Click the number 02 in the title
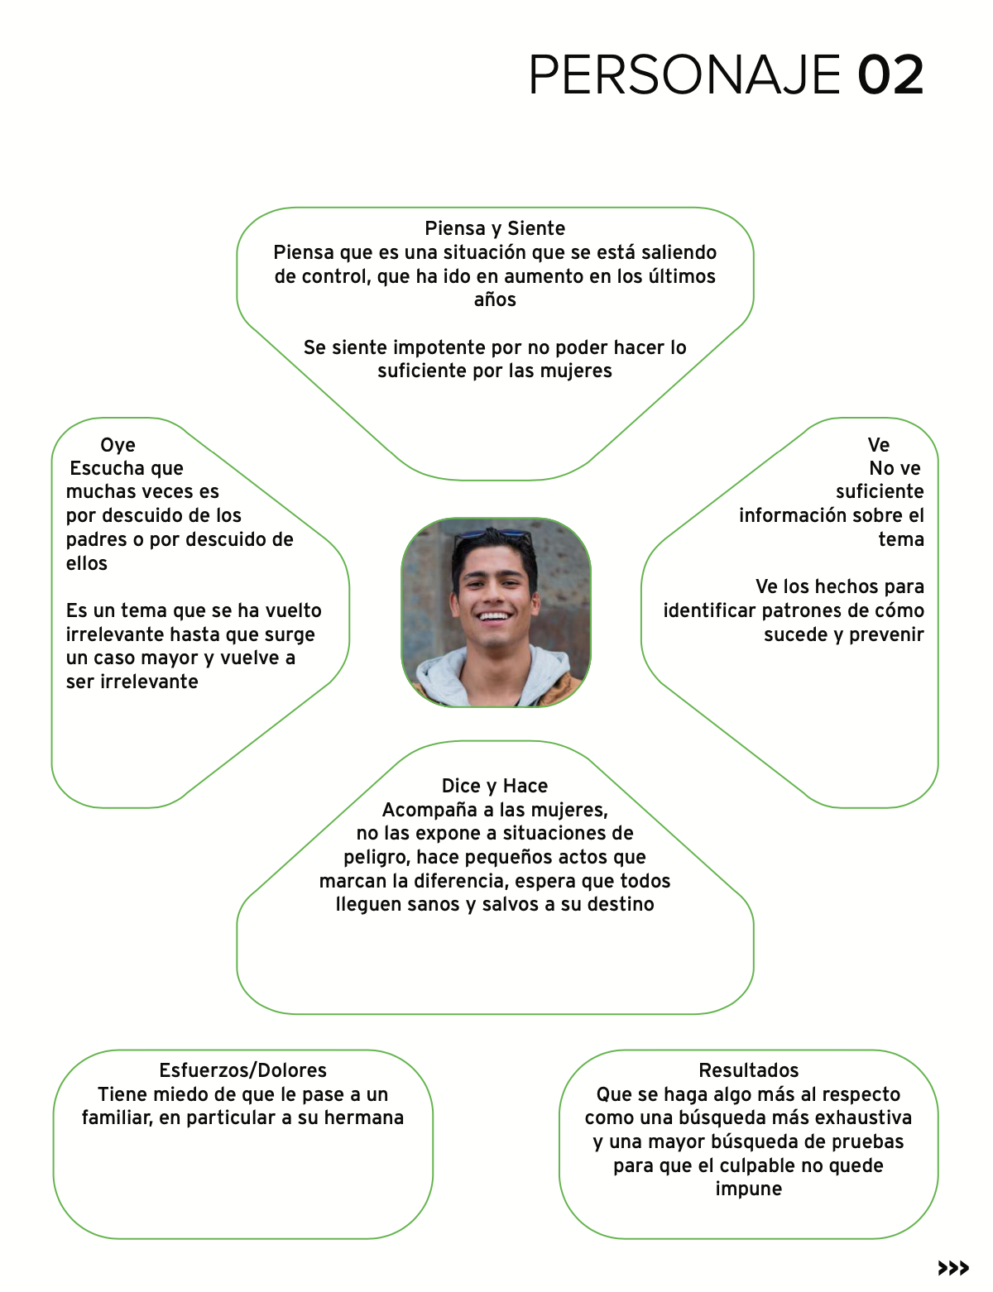tap(890, 75)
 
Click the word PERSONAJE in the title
tap(684, 75)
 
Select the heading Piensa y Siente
tap(495, 228)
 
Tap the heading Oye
tap(118, 445)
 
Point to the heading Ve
tap(878, 445)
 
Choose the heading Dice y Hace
tap(495, 786)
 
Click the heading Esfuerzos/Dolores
tap(242, 1070)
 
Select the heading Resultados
tap(749, 1070)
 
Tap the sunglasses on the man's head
tap(493, 534)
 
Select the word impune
tap(749, 1189)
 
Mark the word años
tap(495, 299)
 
